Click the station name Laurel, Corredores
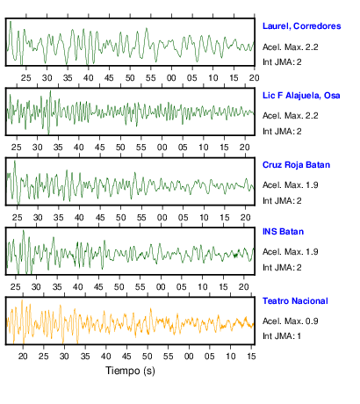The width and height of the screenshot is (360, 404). (x=301, y=26)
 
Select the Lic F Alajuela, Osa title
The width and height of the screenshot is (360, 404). (x=301, y=96)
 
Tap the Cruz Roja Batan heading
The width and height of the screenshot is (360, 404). (x=296, y=165)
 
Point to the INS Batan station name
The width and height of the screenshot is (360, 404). (x=283, y=232)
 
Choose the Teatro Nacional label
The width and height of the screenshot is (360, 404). (x=295, y=301)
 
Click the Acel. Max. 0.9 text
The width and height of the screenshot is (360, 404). (x=290, y=321)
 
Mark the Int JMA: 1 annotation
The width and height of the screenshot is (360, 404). (x=282, y=335)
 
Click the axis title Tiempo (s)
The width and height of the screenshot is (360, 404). (x=130, y=371)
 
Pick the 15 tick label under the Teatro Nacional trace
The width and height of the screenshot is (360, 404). (x=251, y=357)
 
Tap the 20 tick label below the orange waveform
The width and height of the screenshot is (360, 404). (x=23, y=357)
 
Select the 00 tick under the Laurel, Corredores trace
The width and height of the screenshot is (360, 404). (x=171, y=78)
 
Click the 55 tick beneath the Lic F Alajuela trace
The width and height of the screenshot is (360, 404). (x=140, y=148)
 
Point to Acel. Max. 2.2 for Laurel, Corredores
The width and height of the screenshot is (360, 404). (x=290, y=47)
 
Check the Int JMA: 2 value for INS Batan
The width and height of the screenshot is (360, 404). (x=282, y=268)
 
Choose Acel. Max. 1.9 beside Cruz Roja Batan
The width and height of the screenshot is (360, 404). (x=290, y=185)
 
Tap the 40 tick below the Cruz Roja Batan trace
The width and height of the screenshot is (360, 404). (x=79, y=218)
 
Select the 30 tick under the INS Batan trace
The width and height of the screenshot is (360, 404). (x=36, y=287)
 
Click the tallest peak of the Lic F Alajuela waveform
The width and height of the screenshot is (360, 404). (x=50, y=91)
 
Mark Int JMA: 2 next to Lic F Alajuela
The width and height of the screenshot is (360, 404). (x=282, y=132)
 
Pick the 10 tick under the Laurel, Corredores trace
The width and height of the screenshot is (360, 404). (x=212, y=78)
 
